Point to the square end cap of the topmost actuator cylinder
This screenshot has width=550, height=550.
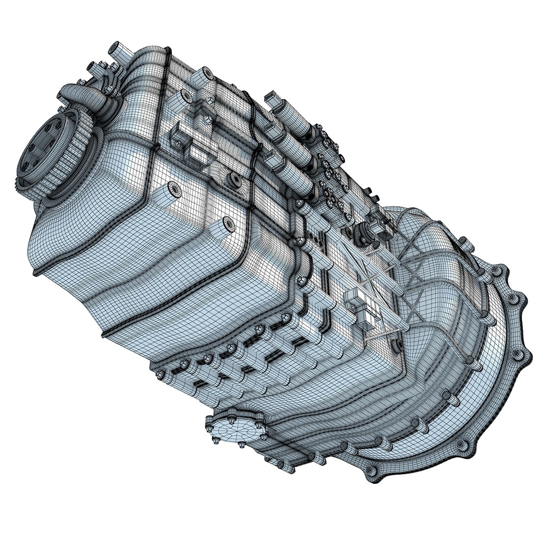271,98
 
